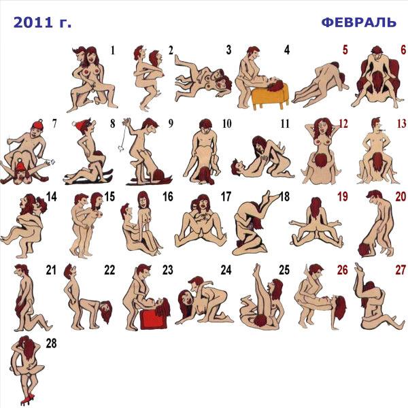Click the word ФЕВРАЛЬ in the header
[x=359, y=22]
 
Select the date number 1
[x=113, y=50]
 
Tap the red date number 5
[x=345, y=50]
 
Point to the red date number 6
[x=403, y=50]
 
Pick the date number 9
[x=171, y=123]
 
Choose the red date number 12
[x=343, y=124]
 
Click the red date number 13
[x=401, y=124]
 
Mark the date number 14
[x=52, y=197]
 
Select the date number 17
[x=226, y=197]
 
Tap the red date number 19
[x=343, y=197]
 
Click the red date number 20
[x=401, y=197]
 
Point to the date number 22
[x=109, y=270]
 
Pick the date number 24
[x=226, y=270]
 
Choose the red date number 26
[x=343, y=270]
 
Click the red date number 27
[x=401, y=270]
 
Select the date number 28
[x=51, y=343]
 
